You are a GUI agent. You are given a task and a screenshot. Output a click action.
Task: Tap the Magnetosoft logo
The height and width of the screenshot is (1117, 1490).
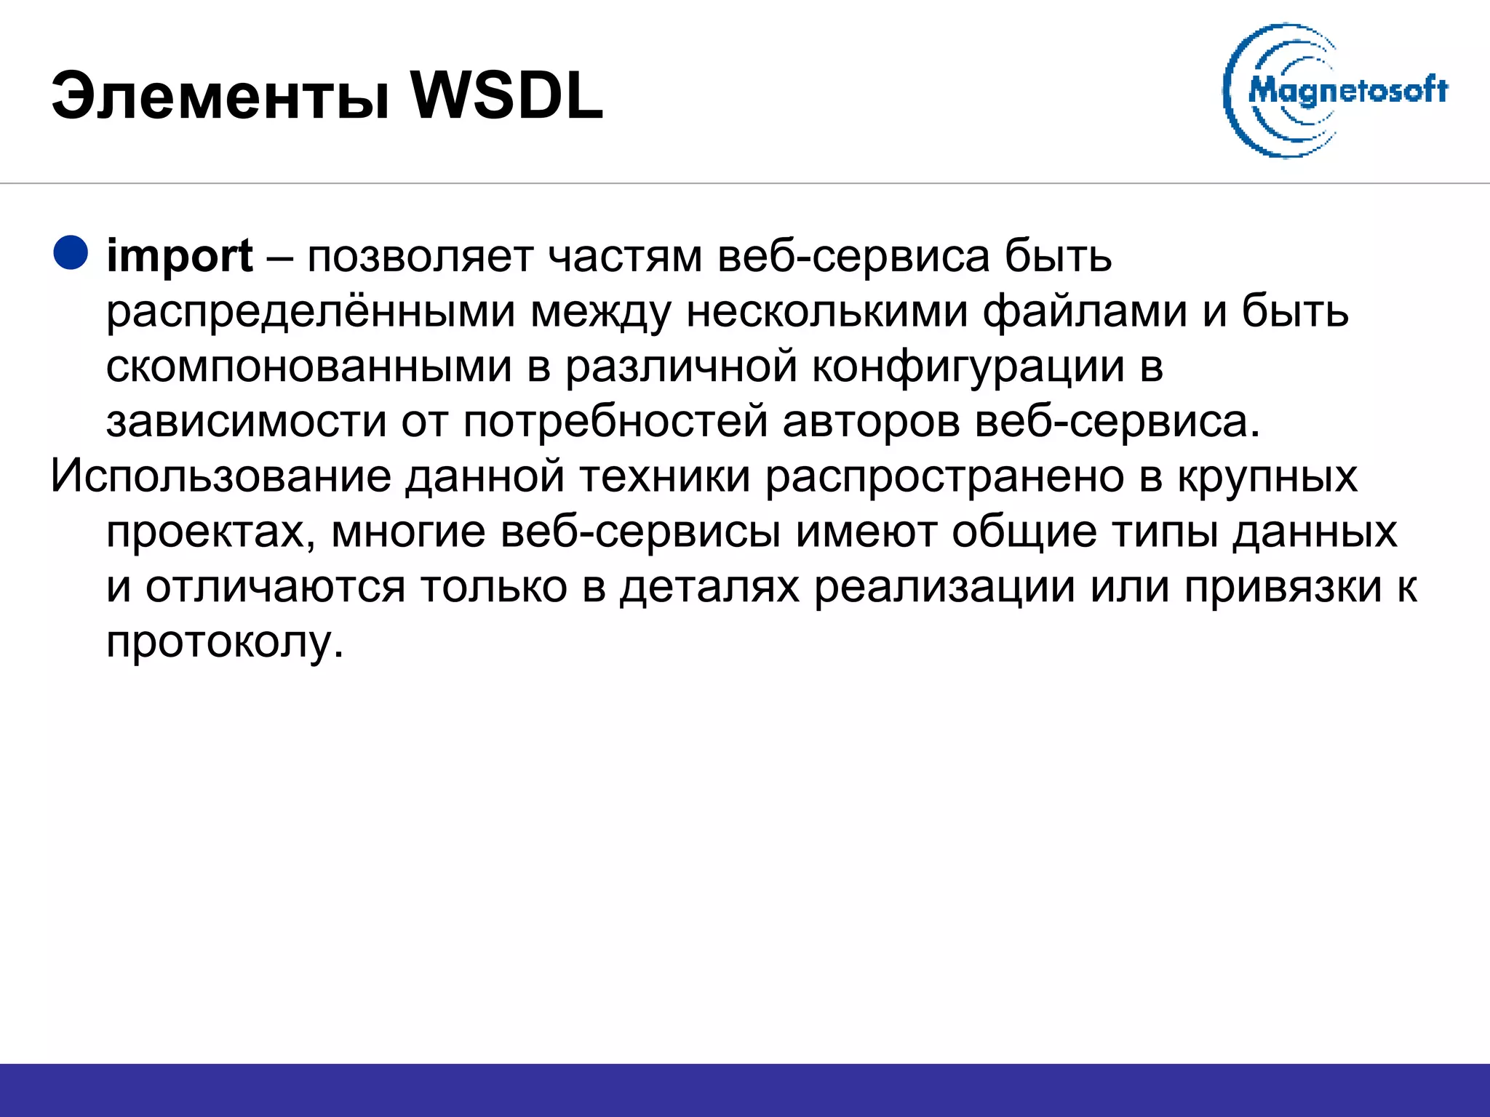coord(1334,91)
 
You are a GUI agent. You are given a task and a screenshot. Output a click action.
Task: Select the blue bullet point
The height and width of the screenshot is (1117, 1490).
coord(71,253)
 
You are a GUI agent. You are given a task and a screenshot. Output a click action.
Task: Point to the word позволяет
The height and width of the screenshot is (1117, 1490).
coord(420,257)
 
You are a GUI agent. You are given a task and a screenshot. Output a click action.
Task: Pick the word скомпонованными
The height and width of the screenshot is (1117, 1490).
coord(308,367)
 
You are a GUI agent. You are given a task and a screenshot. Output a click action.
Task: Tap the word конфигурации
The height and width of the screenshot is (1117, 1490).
coord(968,367)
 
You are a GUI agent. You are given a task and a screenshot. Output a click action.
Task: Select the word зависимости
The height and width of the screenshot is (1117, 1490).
coord(246,422)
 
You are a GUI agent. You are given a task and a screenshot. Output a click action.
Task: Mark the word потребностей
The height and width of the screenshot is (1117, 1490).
coord(615,422)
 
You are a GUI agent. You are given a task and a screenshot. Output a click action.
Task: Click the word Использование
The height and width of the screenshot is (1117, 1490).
coord(221,477)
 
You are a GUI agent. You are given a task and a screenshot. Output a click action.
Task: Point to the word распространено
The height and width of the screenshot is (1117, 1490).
coord(946,477)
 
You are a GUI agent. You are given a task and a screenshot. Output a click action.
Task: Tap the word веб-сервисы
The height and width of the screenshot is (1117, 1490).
coord(640,532)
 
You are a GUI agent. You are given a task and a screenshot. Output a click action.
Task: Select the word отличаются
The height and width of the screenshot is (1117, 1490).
coord(275,588)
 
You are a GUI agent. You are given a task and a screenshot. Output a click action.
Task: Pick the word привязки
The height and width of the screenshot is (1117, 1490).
coord(1283,588)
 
